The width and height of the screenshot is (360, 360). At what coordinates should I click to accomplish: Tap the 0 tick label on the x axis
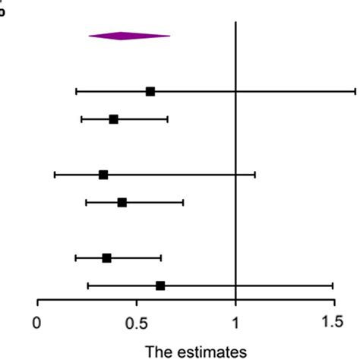pyautogui.click(x=37, y=322)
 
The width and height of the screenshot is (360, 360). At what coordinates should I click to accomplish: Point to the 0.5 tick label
pyautogui.click(x=136, y=322)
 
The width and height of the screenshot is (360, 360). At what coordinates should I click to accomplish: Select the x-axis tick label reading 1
pyautogui.click(x=235, y=322)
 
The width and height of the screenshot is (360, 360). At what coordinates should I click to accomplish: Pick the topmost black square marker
pyautogui.click(x=150, y=91)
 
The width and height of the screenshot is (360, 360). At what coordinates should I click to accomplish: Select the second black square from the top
pyautogui.click(x=113, y=119)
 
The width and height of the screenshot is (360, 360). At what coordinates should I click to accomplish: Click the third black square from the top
pyautogui.click(x=103, y=175)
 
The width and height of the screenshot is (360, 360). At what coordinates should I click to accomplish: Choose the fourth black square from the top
pyautogui.click(x=122, y=202)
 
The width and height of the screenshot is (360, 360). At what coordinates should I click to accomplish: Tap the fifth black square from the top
pyautogui.click(x=106, y=257)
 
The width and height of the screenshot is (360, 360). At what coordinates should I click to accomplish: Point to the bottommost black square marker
pyautogui.click(x=160, y=286)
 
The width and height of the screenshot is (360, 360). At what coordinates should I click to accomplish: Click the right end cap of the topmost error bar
pyautogui.click(x=355, y=91)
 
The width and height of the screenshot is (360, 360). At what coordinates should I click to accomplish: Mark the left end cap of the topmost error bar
pyautogui.click(x=77, y=91)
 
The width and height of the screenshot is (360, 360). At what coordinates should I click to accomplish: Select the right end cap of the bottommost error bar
pyautogui.click(x=333, y=286)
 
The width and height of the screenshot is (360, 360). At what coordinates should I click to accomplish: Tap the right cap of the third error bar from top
pyautogui.click(x=254, y=175)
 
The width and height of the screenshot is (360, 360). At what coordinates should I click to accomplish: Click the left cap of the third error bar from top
pyautogui.click(x=55, y=175)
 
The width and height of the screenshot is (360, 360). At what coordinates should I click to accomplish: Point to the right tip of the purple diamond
pyautogui.click(x=170, y=35)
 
